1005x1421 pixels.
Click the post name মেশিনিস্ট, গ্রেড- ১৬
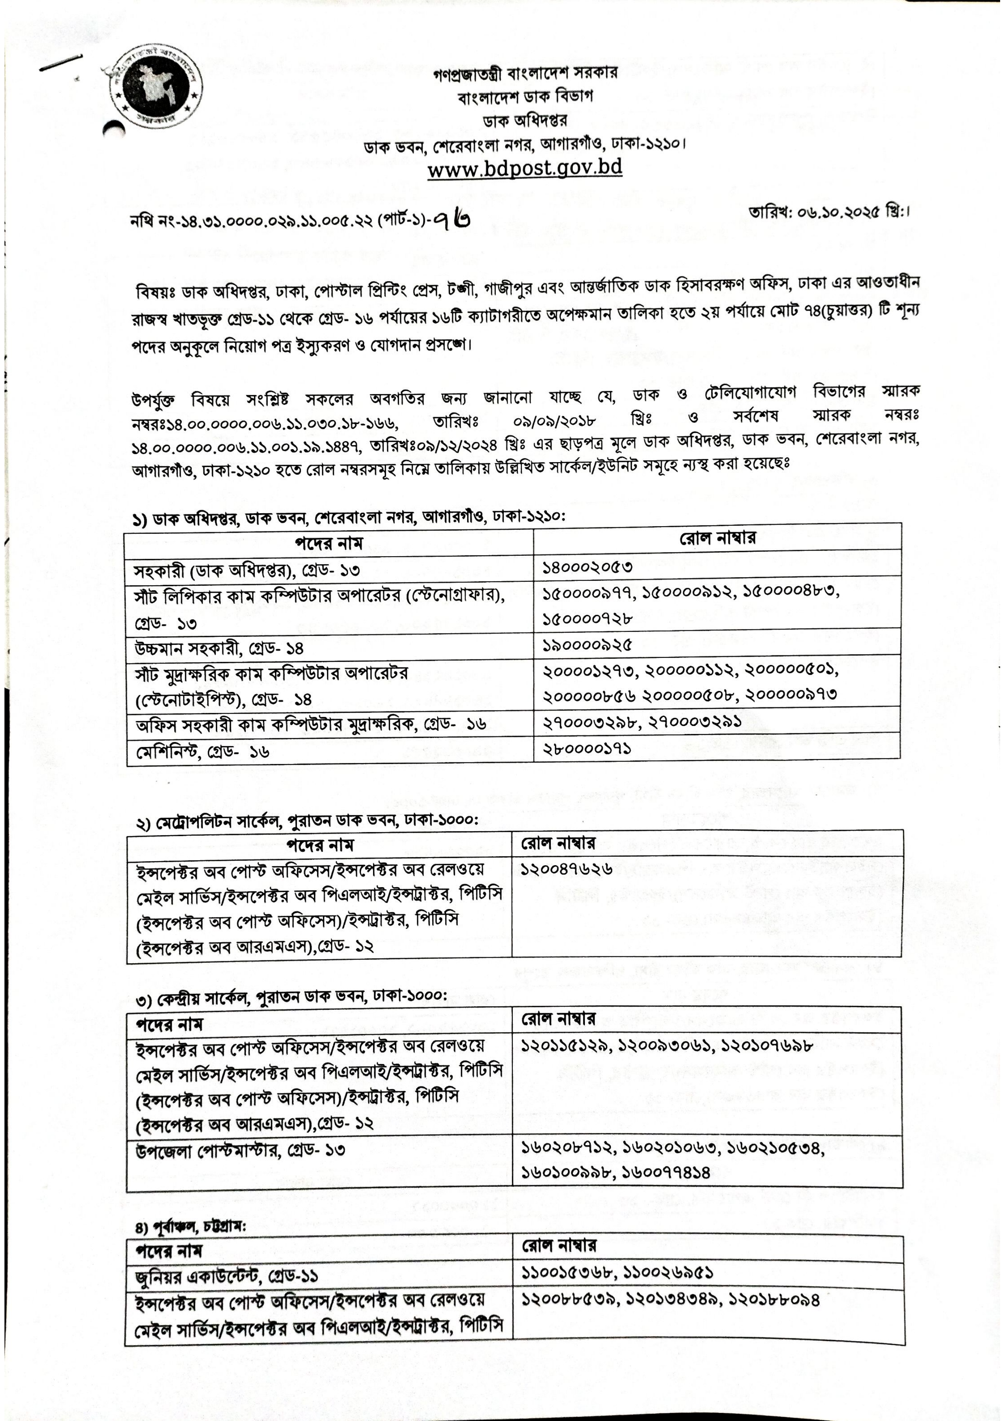(x=202, y=752)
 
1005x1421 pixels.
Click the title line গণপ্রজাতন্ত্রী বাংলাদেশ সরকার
(x=525, y=73)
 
